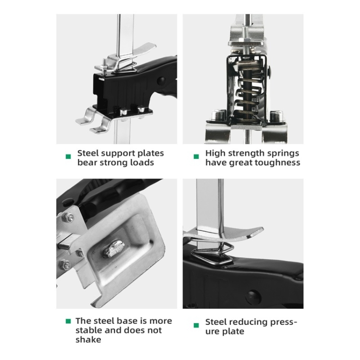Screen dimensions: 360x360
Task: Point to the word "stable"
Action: coord(89,330)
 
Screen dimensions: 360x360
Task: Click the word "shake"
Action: coord(88,339)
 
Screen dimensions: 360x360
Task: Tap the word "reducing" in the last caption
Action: coord(249,323)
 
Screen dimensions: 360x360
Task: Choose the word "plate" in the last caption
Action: coord(233,332)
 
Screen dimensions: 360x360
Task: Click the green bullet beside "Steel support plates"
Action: coord(68,156)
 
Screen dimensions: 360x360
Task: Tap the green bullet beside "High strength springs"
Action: coord(196,156)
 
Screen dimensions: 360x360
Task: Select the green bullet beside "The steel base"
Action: coord(68,321)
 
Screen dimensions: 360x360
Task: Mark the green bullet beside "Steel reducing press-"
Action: coord(196,325)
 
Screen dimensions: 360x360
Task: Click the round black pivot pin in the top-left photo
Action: coord(161,81)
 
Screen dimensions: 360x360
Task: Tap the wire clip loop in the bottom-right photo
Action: coord(212,254)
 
